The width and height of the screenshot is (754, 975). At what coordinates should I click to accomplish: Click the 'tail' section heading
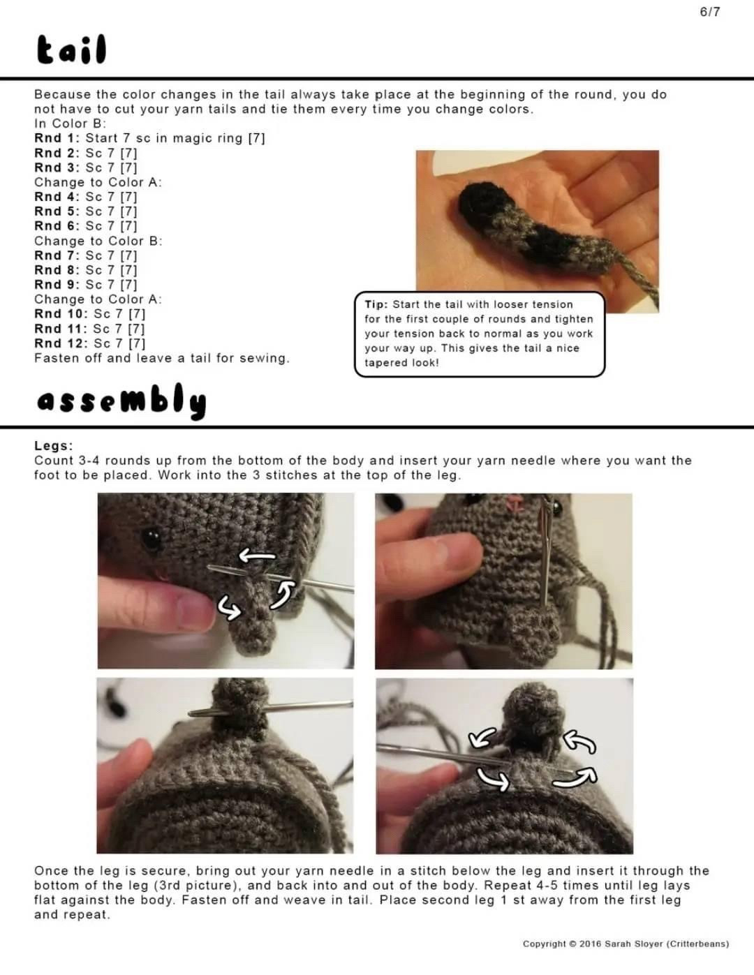click(x=71, y=50)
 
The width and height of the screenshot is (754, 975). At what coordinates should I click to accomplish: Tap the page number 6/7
click(x=709, y=12)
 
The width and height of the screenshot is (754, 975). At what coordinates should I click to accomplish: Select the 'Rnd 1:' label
click(x=57, y=138)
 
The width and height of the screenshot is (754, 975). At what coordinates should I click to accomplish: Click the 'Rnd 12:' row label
click(x=61, y=343)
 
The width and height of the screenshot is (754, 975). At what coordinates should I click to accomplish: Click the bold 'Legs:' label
click(x=53, y=446)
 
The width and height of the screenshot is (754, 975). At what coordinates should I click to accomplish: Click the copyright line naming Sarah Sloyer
click(x=626, y=944)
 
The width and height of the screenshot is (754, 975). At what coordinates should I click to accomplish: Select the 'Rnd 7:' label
click(x=57, y=255)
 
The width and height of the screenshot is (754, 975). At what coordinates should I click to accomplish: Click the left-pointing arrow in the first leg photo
click(x=257, y=556)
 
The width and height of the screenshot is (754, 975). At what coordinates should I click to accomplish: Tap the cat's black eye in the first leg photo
click(x=150, y=537)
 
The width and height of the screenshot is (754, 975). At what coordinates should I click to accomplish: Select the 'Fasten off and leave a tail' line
click(x=161, y=358)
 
